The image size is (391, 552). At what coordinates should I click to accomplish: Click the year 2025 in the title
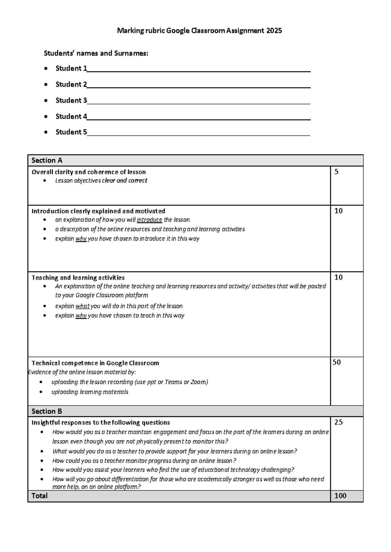coord(274,31)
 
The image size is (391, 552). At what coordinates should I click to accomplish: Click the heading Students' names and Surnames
coord(96,53)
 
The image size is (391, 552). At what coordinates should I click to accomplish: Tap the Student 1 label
coord(71,68)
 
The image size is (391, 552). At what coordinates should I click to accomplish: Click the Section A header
coord(47,160)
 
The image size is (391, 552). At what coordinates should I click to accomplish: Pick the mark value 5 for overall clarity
coord(337,172)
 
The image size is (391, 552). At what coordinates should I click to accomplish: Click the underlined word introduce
coord(150,220)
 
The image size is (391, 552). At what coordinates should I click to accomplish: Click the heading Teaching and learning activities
coord(78,278)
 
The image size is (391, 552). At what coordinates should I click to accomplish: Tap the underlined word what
coord(82,306)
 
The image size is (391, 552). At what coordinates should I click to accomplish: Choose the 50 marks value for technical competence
coord(337,362)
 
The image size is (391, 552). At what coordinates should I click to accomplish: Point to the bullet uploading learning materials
coord(90,392)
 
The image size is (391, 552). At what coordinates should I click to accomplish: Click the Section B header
coord(47,411)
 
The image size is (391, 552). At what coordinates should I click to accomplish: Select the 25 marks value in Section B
coord(339,422)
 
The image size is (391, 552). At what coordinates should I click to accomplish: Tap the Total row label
coord(39,496)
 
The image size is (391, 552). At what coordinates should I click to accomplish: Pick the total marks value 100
coord(340,496)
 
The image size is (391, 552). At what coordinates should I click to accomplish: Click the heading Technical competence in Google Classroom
coord(95,363)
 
